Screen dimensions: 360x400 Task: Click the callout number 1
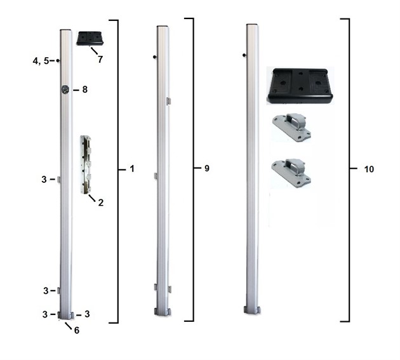131,169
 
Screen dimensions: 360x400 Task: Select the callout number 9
206,169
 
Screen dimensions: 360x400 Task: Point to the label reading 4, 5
41,61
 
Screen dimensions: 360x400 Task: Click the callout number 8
84,90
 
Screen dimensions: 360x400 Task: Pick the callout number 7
100,58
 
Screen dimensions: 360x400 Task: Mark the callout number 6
76,330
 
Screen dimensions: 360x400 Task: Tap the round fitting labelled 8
65,90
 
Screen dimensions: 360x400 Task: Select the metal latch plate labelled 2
86,164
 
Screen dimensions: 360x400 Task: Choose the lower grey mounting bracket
291,171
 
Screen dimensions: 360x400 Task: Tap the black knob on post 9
156,57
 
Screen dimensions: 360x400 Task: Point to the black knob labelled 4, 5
58,61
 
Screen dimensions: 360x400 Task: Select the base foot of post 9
163,312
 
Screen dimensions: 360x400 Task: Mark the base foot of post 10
252,310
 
